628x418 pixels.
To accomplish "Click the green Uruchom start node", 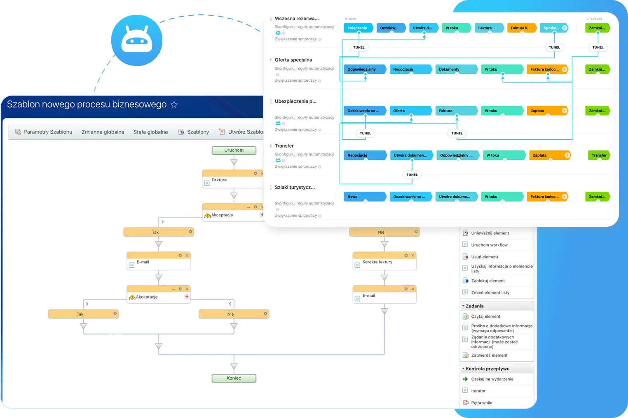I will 234,150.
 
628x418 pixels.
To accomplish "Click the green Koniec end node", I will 234,378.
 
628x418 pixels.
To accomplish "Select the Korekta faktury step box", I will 384,262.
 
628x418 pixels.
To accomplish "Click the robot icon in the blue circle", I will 137,40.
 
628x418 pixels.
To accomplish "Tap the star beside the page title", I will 174,105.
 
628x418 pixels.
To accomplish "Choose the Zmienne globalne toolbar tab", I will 103,132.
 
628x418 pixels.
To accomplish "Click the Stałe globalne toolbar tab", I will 150,132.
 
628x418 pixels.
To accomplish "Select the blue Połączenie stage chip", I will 357,28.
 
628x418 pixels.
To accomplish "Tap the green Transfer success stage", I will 599,155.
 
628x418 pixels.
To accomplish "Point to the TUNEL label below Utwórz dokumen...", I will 412,175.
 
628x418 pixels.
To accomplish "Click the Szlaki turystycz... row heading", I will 295,187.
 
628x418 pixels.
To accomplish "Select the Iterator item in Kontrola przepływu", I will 478,391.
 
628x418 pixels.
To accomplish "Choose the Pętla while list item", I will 481,403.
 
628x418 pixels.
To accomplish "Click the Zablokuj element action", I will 488,281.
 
